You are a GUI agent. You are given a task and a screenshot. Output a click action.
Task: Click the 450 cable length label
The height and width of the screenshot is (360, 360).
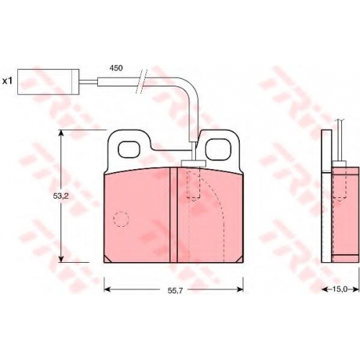tap(116, 68)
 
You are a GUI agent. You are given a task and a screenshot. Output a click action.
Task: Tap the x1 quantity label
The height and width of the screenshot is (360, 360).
tap(7, 81)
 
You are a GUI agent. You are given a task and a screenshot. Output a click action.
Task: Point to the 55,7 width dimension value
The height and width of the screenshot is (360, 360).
tap(176, 291)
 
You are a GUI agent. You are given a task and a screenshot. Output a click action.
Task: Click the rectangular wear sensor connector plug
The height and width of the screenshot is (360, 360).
tap(48, 81)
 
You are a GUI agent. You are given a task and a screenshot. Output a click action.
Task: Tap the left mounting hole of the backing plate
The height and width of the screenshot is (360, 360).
tap(129, 150)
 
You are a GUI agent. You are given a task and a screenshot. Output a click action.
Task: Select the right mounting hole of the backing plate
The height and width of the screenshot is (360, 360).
tap(218, 150)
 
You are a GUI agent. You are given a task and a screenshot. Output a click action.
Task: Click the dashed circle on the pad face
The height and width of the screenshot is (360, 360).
tap(121, 220)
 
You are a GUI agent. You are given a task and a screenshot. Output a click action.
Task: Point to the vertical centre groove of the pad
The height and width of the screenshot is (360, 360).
tap(174, 215)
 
